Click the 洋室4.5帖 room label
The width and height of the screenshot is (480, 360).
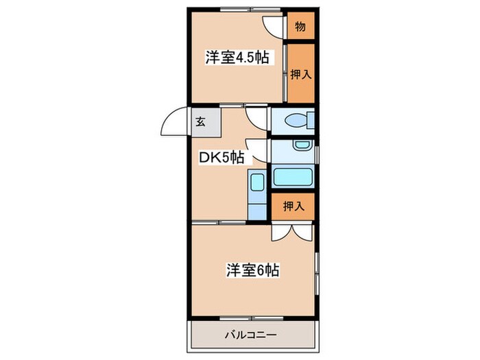[x=237, y=58]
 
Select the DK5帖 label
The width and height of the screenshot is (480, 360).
[x=221, y=157]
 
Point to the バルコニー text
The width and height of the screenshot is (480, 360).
[x=251, y=336]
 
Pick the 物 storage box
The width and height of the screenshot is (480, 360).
[x=300, y=27]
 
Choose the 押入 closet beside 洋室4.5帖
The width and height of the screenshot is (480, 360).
[x=300, y=73]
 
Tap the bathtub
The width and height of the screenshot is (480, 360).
[x=293, y=176]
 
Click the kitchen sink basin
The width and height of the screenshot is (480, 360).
[x=257, y=183]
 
